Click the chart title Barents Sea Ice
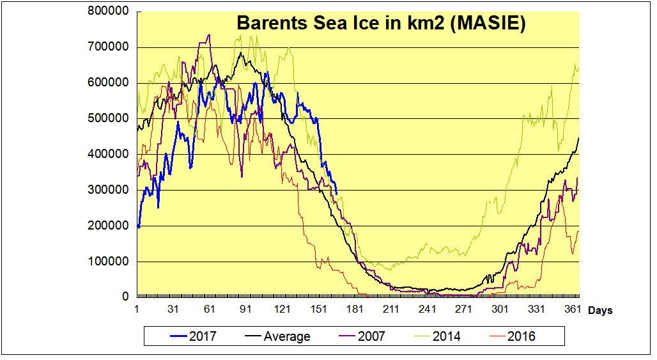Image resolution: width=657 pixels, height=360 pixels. point(381,24)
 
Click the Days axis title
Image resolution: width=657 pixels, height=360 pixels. point(600,311)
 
